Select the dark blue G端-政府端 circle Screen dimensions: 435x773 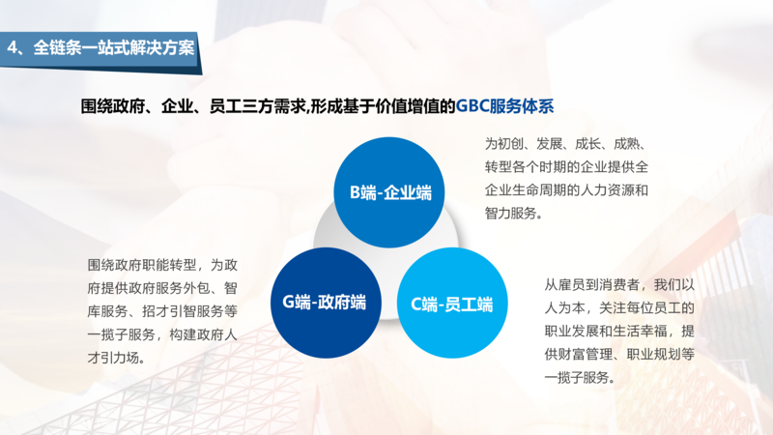click(x=324, y=302)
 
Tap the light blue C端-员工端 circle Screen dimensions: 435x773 click(x=451, y=304)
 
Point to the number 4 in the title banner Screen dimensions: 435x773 click(x=13, y=46)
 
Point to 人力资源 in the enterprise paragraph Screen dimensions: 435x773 click(x=608, y=189)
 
